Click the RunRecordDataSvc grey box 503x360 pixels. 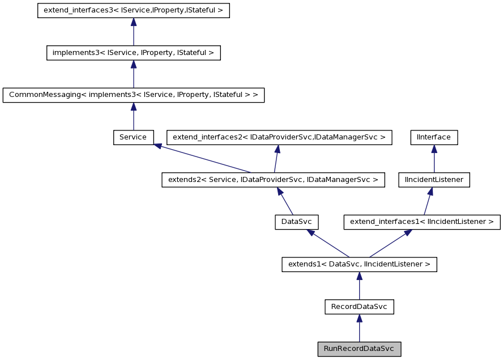(x=359, y=349)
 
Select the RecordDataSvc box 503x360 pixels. (x=359, y=307)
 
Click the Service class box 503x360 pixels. (x=133, y=137)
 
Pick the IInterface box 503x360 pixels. (x=434, y=137)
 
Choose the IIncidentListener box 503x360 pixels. (x=434, y=180)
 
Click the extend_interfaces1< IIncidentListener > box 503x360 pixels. (x=422, y=222)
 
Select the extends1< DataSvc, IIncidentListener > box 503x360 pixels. (x=359, y=264)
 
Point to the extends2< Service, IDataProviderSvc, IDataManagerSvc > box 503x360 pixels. (x=273, y=180)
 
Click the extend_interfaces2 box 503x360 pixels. (x=279, y=137)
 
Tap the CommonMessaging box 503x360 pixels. (x=133, y=95)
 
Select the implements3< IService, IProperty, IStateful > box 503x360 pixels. (x=133, y=53)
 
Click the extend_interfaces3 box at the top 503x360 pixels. (x=133, y=11)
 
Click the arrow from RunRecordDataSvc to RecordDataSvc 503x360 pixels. (x=359, y=328)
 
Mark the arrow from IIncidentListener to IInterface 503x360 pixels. (x=434, y=159)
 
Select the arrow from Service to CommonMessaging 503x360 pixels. (x=133, y=116)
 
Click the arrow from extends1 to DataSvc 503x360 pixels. (x=328, y=243)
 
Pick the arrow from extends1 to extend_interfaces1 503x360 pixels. (x=390, y=243)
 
